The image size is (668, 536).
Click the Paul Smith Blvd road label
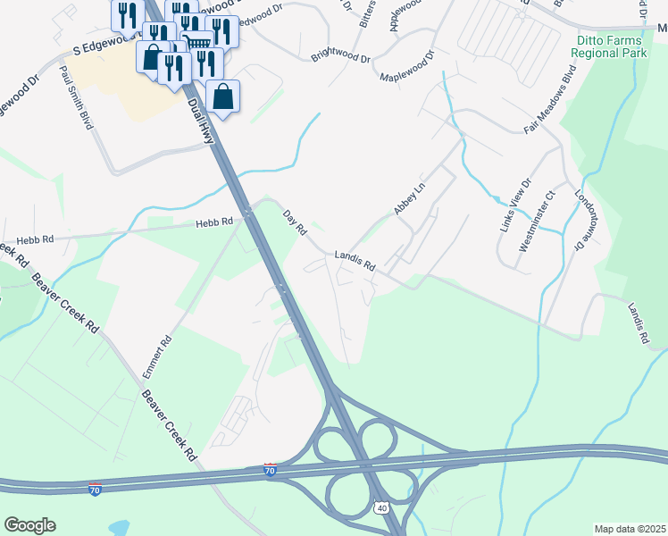coord(76,97)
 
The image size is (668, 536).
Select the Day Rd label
coord(295,223)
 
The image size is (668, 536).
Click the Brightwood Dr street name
coord(340,50)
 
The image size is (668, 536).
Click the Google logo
coord(29,525)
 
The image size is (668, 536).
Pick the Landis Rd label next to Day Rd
coord(355,261)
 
